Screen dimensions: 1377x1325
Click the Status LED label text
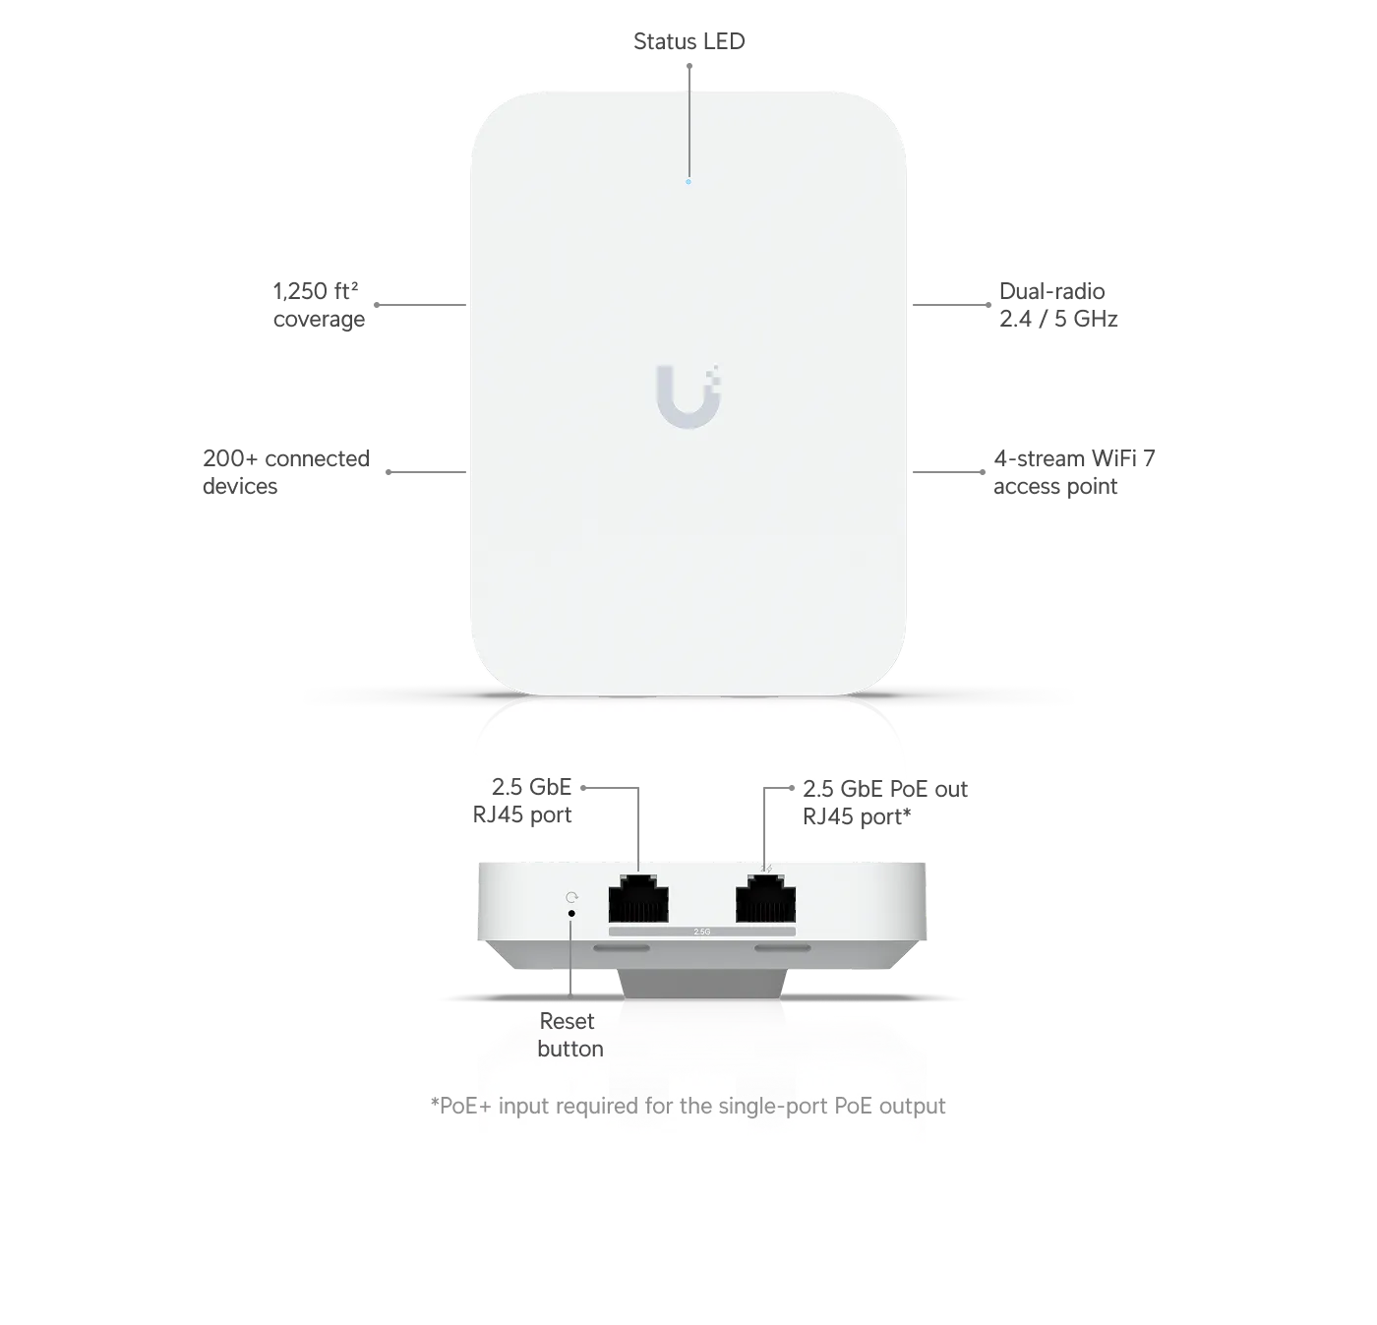tap(688, 41)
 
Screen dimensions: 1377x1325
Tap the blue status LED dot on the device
tap(688, 182)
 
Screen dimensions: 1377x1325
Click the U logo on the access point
tap(688, 396)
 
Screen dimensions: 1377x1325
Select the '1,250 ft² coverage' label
tap(319, 305)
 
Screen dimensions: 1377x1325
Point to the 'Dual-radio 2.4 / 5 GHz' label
tap(1058, 305)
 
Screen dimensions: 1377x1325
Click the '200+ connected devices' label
tap(286, 472)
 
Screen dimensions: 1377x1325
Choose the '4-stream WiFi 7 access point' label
tap(1074, 472)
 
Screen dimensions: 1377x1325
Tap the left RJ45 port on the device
tap(638, 898)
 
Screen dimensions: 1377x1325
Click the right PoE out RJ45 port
tap(765, 898)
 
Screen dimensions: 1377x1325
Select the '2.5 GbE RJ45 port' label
tap(522, 801)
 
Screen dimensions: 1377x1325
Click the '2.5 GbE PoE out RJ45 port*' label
tap(884, 803)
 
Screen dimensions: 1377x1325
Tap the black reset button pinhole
tap(571, 913)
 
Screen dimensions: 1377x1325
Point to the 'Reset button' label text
tap(569, 1035)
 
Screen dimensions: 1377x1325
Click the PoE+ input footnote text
tap(688, 1106)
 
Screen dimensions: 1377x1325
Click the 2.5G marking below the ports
tap(702, 933)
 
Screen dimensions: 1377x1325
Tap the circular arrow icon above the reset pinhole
tap(571, 897)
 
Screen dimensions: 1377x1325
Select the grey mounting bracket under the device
tap(702, 984)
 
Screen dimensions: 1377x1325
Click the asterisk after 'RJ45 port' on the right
tap(907, 813)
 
